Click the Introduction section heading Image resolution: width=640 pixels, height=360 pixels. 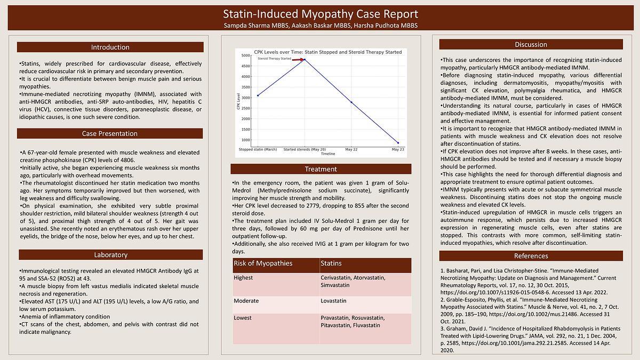coord(110,47)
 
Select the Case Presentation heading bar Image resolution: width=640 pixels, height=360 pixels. coord(110,133)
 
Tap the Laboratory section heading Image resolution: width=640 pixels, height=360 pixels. coord(110,254)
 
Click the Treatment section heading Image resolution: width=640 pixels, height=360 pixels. coord(321,169)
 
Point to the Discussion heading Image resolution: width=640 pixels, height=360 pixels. coord(531,44)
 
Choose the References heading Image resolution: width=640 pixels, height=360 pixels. coord(531,256)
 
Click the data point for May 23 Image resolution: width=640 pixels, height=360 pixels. coord(398,143)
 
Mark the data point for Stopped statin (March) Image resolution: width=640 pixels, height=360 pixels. coord(258,95)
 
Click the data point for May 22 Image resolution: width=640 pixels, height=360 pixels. coord(351,102)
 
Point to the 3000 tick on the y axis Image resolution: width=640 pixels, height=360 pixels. coord(246,98)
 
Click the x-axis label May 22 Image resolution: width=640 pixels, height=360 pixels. coord(351,149)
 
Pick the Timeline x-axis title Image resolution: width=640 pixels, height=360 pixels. coord(328,154)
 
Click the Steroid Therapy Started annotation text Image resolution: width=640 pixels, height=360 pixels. coord(274,59)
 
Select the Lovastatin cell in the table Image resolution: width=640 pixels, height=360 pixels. coord(334,301)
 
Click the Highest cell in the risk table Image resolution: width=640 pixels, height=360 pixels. coord(243,277)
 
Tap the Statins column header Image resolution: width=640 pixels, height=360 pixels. coord(331,263)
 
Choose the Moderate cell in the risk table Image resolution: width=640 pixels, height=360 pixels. coord(246,301)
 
